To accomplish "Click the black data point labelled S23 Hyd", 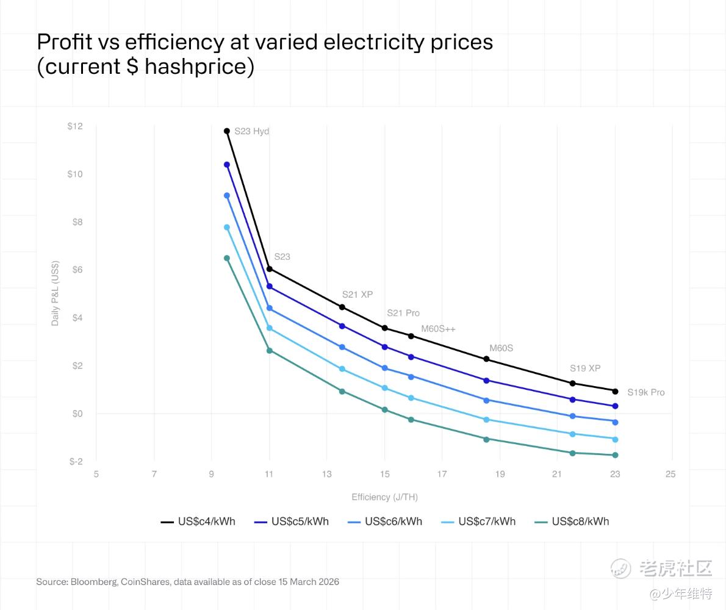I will point(227,131).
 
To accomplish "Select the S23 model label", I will point(282,257).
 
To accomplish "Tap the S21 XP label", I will point(357,295).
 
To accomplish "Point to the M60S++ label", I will point(438,329).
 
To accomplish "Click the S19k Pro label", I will point(645,392).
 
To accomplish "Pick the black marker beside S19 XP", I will point(572,383).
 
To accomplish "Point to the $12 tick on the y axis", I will point(75,126).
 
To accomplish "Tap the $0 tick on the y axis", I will point(77,414).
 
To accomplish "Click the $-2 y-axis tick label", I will point(76,462).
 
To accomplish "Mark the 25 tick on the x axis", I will point(670,474).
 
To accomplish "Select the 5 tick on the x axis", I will point(96,474).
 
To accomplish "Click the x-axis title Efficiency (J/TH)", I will point(384,497).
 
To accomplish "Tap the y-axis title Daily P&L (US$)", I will point(56,293).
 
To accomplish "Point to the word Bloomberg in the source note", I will point(94,582).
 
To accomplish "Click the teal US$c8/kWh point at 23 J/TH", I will point(615,455).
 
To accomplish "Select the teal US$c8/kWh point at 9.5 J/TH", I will point(227,258).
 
